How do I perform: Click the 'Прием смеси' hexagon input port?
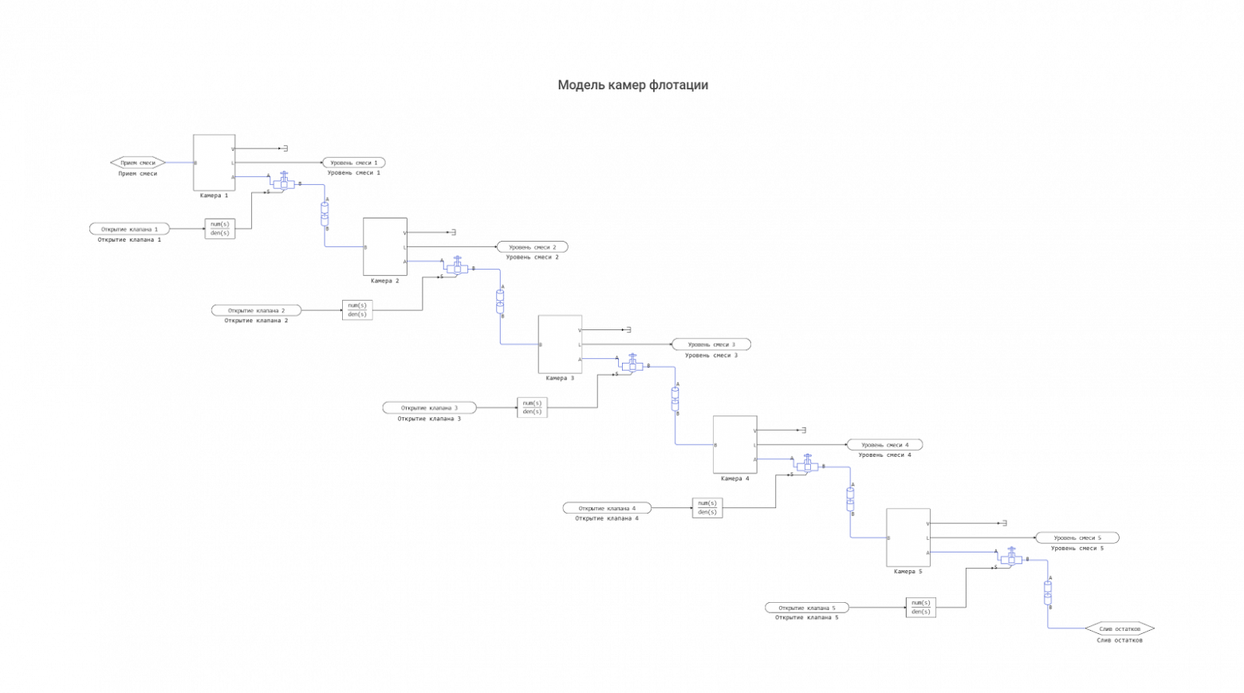138,163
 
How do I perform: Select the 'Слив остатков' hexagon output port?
1120,628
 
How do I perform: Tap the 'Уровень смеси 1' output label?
353,163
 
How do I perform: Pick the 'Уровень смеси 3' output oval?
711,345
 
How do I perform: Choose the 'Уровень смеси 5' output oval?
1077,537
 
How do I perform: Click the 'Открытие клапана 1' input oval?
129,229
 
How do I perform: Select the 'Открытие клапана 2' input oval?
256,310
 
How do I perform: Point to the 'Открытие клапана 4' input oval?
607,508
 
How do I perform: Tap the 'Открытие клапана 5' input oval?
807,608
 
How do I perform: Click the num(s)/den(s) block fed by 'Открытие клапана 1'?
220,229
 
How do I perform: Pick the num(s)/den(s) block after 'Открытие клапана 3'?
532,408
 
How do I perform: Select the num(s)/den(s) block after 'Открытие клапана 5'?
921,608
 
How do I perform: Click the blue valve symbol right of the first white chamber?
284,183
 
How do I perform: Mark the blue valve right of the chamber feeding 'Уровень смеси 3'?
633,364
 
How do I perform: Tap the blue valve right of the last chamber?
1011,558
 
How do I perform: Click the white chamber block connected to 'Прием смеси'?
214,163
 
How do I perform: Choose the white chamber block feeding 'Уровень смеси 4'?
734,444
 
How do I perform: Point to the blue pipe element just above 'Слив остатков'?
1048,592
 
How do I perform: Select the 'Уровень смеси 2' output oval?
532,247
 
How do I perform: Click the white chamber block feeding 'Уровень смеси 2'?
384,246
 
